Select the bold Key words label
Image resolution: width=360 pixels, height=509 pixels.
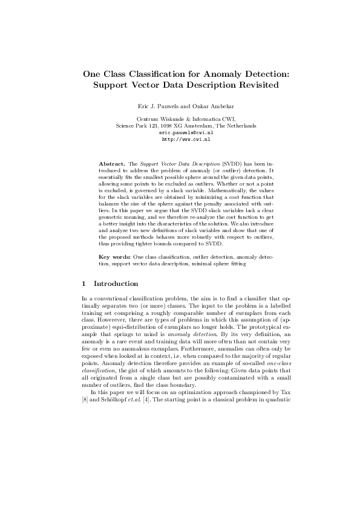point(113,257)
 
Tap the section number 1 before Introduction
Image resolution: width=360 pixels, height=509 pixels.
point(83,284)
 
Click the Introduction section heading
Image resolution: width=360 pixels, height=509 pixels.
point(116,284)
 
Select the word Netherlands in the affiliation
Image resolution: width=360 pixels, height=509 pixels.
point(240,126)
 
